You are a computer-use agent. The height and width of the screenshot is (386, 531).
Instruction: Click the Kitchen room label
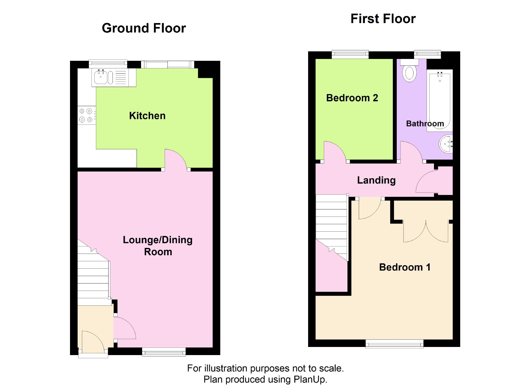(x=147, y=116)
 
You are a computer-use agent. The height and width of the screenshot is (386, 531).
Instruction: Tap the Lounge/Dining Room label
(x=158, y=246)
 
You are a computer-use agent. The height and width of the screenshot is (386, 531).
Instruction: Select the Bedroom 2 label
(x=352, y=98)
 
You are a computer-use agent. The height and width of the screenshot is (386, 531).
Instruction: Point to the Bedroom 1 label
(x=405, y=267)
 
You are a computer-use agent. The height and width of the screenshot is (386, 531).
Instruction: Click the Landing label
(x=376, y=180)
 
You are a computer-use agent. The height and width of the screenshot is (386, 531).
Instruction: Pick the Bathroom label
(x=425, y=123)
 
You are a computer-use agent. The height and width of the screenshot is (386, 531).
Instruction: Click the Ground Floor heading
(x=144, y=28)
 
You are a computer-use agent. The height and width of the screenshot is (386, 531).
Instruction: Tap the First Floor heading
(x=383, y=19)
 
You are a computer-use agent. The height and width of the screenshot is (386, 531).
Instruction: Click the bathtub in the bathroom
(x=440, y=100)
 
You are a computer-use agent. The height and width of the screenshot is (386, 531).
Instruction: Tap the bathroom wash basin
(x=446, y=144)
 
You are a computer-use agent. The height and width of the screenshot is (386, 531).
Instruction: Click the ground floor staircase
(x=94, y=273)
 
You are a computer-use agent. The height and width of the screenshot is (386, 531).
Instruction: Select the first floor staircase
(x=332, y=227)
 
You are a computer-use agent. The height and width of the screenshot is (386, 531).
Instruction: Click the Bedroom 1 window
(x=394, y=344)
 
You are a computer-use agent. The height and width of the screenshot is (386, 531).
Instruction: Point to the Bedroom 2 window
(x=350, y=55)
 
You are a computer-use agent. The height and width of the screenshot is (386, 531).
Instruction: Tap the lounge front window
(x=164, y=352)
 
